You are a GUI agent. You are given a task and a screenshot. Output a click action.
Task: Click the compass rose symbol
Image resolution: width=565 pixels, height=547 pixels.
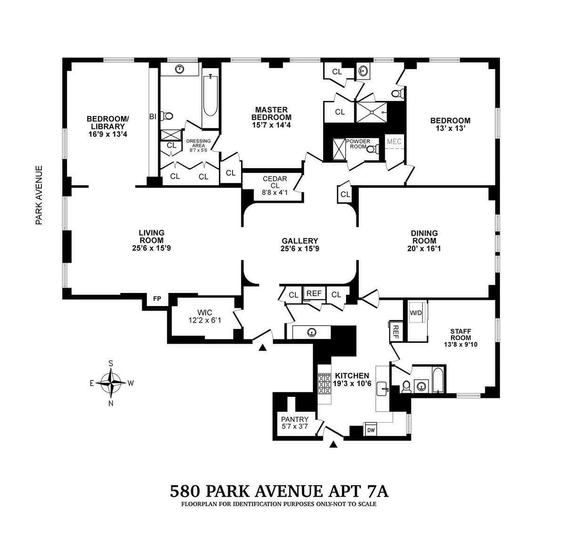click(x=111, y=383)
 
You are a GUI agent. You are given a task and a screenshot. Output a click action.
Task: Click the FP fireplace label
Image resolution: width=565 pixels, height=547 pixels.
click(x=156, y=298)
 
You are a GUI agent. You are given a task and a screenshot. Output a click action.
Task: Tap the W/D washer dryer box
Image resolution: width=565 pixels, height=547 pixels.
click(x=416, y=313)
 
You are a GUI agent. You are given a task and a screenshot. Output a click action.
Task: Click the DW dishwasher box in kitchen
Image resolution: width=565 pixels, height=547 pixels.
click(x=371, y=430)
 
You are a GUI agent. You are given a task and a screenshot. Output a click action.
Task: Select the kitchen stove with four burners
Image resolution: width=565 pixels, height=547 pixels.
click(x=324, y=383)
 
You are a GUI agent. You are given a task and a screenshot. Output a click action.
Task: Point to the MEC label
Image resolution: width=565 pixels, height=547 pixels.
click(x=394, y=141)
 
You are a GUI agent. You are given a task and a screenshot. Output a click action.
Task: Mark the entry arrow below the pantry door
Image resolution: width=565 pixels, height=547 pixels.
click(x=334, y=444)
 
